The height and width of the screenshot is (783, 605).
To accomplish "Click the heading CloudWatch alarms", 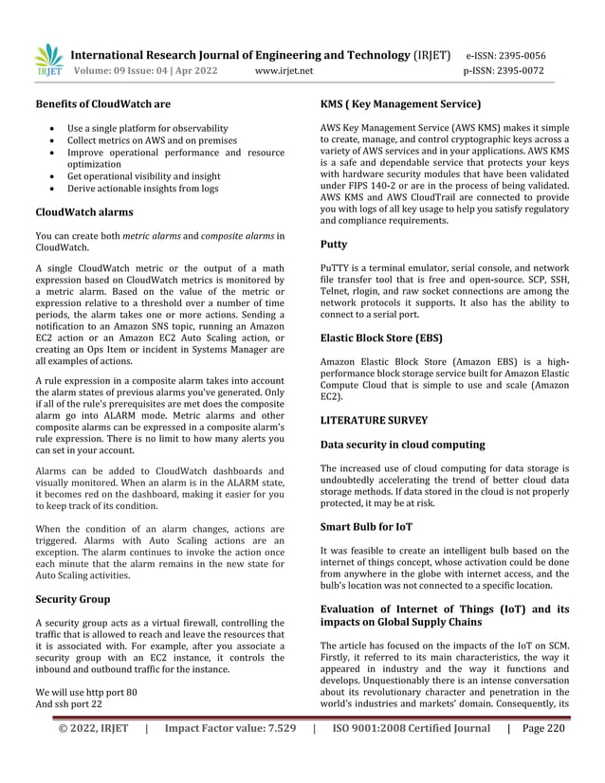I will click(83, 211).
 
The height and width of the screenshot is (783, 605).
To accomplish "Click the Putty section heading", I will click(334, 245).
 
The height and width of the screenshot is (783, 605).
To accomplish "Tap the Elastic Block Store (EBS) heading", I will click(381, 337).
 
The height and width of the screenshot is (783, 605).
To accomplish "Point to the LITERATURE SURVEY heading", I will click(374, 419).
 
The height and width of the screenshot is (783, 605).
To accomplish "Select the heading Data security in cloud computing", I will click(402, 444).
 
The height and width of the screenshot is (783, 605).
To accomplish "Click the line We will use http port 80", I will click(86, 691).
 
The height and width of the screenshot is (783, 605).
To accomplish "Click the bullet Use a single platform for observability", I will click(147, 127).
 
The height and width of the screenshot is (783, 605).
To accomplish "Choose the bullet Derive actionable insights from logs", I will click(142, 189).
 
